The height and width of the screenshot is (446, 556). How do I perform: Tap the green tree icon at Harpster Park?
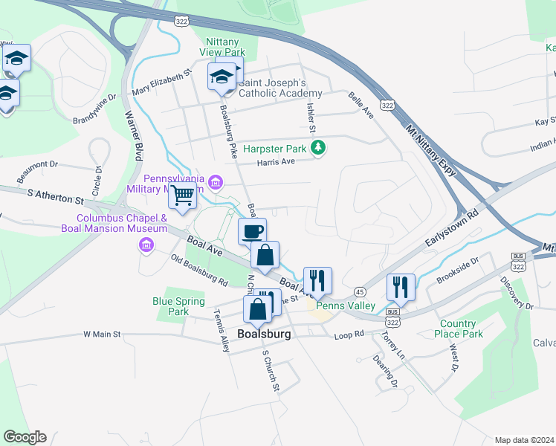[x=318, y=149]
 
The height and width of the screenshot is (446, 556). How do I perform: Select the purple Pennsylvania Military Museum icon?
[x=216, y=182]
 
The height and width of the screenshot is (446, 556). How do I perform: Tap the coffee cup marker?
[x=252, y=230]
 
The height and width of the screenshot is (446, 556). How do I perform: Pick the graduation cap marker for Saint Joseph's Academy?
[x=222, y=77]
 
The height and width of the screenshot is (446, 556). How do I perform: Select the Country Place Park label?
[x=457, y=329]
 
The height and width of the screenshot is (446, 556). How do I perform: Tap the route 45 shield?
[x=360, y=291]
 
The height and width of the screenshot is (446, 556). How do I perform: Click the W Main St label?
[x=102, y=334]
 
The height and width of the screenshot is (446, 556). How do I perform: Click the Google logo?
[x=25, y=437]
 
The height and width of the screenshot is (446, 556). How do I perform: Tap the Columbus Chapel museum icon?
[x=146, y=245]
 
